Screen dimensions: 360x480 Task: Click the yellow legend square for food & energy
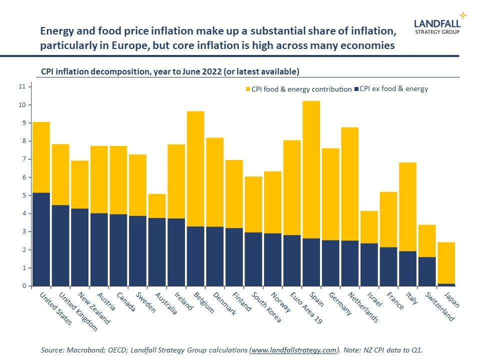pyautogui.click(x=247, y=89)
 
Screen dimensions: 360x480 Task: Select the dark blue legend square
pyautogui.click(x=356, y=89)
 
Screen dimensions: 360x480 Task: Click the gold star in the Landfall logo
pyautogui.click(x=463, y=15)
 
